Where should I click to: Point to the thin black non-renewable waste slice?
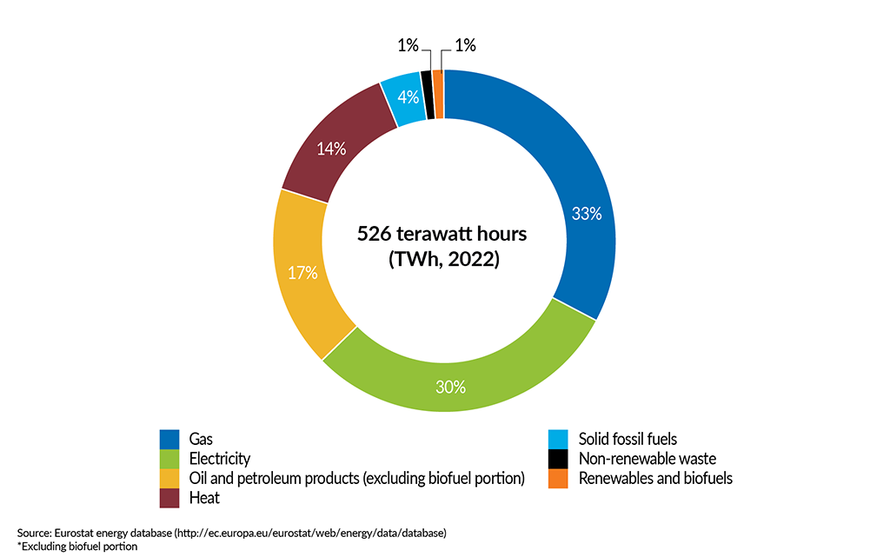click(x=427, y=95)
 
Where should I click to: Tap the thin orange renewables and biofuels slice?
click(x=438, y=94)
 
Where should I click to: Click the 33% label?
click(x=587, y=214)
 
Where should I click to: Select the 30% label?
click(x=450, y=387)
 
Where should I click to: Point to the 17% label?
click(x=302, y=273)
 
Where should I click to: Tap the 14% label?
click(x=331, y=149)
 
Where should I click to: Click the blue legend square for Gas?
click(x=169, y=439)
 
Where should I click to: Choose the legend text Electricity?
click(x=219, y=459)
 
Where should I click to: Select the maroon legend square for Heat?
click(x=169, y=498)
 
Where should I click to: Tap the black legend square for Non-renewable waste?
click(x=558, y=459)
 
